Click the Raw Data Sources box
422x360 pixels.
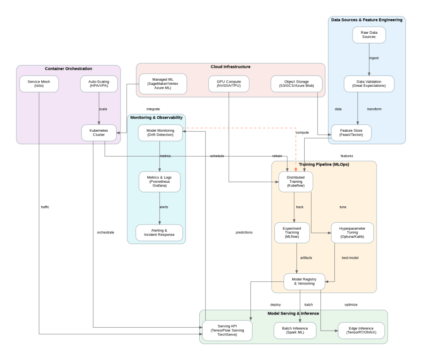click(369, 36)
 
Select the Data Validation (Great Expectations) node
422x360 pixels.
click(369, 84)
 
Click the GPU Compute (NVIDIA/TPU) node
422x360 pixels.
click(228, 84)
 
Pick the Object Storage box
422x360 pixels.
click(296, 84)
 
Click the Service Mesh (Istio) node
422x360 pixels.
click(39, 84)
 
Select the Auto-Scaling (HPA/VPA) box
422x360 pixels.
click(99, 84)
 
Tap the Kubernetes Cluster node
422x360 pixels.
click(99, 133)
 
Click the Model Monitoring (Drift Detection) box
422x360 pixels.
click(160, 133)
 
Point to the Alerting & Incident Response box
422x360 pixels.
click(160, 232)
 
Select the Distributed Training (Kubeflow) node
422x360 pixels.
click(295, 182)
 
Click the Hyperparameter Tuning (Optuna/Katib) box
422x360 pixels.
click(352, 232)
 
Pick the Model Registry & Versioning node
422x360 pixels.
click(304, 281)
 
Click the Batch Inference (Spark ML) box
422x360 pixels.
click(295, 330)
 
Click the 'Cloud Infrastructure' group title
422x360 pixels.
click(230, 67)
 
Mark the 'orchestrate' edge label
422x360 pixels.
click(106, 232)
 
